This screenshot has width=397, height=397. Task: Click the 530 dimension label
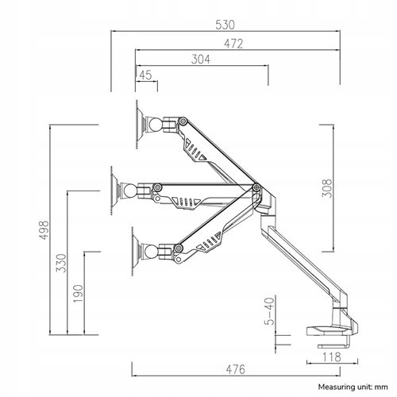[225, 25]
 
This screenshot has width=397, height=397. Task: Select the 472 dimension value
[233, 44]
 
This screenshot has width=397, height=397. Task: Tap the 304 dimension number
[201, 60]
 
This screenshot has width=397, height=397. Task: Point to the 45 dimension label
[145, 75]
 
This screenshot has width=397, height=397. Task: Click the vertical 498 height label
[44, 230]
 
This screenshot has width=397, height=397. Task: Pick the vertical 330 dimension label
[61, 263]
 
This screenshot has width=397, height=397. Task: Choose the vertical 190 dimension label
[78, 294]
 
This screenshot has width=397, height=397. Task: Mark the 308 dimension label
[326, 188]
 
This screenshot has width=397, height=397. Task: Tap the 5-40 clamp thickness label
[269, 311]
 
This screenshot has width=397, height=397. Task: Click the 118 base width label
[332, 357]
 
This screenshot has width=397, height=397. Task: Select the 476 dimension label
[236, 369]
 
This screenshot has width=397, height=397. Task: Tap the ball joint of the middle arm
[129, 191]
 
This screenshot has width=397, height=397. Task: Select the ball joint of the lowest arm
[151, 251]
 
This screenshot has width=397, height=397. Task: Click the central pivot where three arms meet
[256, 187]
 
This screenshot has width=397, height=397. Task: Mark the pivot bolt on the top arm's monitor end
[183, 121]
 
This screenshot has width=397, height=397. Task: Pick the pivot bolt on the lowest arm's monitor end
[179, 248]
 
